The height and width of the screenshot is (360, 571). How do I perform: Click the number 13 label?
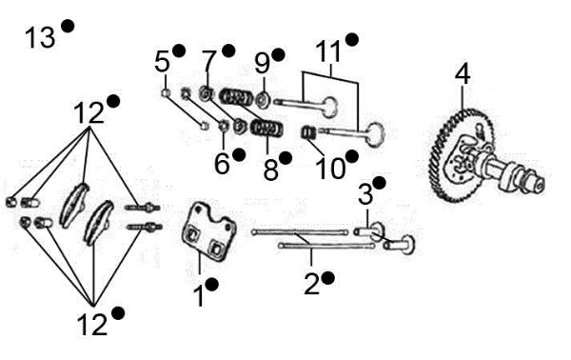pyautogui.click(x=40, y=38)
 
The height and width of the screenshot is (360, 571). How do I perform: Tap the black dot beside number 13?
pyautogui.click(x=68, y=26)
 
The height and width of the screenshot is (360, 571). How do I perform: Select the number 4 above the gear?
pyautogui.click(x=463, y=73)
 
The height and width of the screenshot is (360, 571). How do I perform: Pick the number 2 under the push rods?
pyautogui.click(x=311, y=282)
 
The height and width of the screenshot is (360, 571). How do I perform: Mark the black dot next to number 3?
pyautogui.click(x=380, y=182)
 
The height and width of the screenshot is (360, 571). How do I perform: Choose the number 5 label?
pyautogui.click(x=162, y=61)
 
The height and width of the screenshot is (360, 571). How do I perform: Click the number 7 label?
pyautogui.click(x=209, y=62)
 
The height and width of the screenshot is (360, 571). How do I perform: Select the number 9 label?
pyautogui.click(x=262, y=65)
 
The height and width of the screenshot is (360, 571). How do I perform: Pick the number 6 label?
pyautogui.click(x=222, y=164)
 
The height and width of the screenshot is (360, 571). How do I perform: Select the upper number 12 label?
pyautogui.click(x=89, y=113)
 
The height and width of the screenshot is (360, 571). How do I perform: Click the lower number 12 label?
pyautogui.click(x=92, y=325)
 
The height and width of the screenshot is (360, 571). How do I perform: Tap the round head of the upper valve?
pyautogui.click(x=329, y=103)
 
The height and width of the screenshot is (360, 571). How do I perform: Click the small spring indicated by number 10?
pyautogui.click(x=308, y=131)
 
